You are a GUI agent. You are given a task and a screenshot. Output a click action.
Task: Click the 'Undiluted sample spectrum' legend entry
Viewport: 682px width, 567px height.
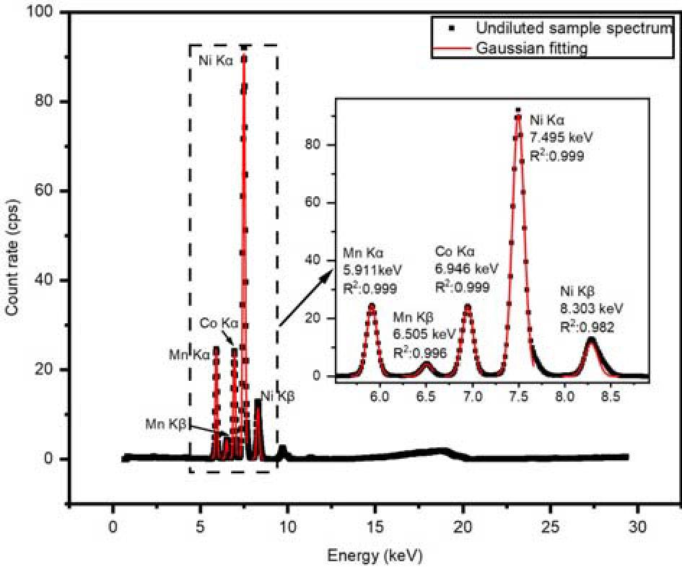point(574,29)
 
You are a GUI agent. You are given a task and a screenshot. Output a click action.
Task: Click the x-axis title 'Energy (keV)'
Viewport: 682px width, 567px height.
point(375,555)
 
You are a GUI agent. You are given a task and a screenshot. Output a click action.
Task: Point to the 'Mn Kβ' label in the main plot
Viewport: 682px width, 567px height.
point(166,424)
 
